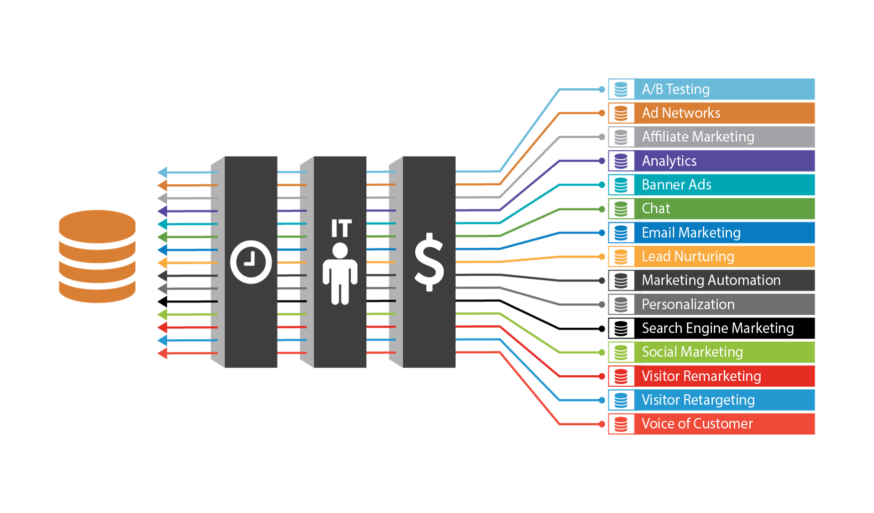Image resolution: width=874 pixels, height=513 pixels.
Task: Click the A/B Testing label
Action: [676, 89]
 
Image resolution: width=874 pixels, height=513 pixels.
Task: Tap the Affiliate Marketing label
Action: [698, 137]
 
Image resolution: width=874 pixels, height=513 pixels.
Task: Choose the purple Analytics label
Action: [669, 161]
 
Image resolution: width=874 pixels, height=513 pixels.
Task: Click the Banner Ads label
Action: [676, 185]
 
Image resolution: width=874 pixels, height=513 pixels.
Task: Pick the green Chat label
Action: [656, 209]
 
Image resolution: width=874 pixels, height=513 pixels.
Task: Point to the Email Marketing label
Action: [691, 233]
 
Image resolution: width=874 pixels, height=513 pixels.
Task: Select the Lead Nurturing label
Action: [688, 256]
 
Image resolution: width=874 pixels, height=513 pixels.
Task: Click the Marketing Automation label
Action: [711, 280]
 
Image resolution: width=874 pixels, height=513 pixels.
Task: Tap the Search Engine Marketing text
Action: [717, 328]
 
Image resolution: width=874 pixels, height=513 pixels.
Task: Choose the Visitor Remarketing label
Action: [701, 376]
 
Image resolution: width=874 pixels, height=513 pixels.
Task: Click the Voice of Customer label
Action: [697, 424]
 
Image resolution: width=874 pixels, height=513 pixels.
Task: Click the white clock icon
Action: [251, 262]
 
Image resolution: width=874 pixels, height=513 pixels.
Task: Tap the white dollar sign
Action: [429, 262]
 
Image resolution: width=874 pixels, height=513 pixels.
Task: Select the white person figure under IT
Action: [340, 273]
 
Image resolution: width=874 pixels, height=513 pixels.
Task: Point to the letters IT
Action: [341, 229]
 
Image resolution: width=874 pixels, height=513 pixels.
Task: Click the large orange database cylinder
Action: [97, 256]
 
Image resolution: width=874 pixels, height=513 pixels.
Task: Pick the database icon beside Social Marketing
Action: [621, 352]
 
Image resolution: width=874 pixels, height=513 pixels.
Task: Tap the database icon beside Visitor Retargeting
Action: [621, 400]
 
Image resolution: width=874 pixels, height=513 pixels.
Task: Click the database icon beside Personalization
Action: [621, 304]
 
